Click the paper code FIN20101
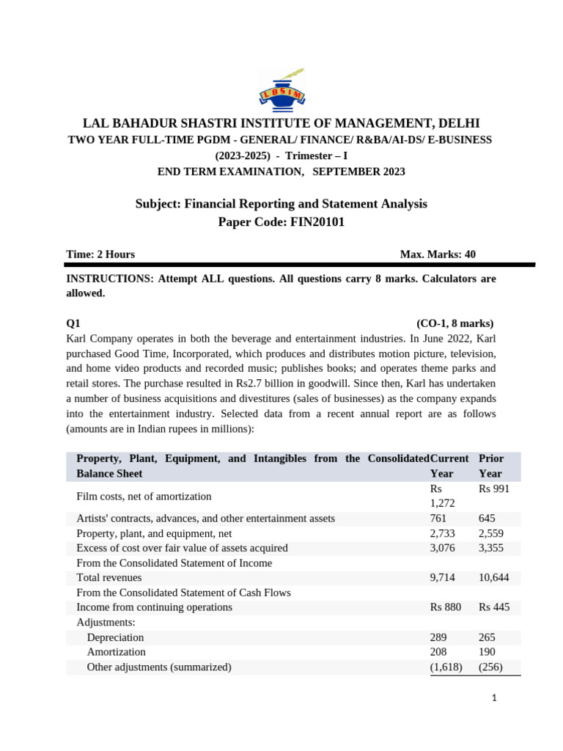click(x=312, y=222)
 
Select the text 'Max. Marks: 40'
click(x=438, y=254)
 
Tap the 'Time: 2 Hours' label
click(x=100, y=254)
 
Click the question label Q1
click(x=73, y=323)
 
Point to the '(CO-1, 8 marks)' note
click(x=455, y=323)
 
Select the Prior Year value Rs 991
click(x=494, y=488)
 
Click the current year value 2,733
click(x=442, y=533)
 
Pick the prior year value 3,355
click(x=491, y=548)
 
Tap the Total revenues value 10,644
click(x=494, y=578)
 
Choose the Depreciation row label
click(x=115, y=637)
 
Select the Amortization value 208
click(x=438, y=652)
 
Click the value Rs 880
click(x=446, y=607)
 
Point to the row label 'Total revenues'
click(x=109, y=578)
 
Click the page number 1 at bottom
click(x=494, y=698)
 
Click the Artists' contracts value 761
click(x=438, y=519)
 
